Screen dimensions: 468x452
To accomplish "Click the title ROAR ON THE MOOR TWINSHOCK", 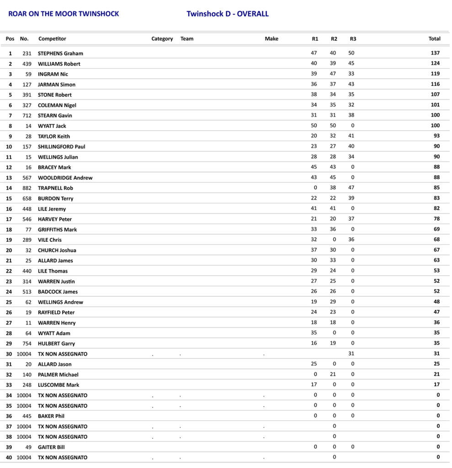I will pyautogui.click(x=64, y=14).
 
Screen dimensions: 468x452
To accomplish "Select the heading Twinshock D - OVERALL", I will pyautogui.click(x=227, y=14).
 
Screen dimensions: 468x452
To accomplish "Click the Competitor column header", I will pyautogui.click(x=52, y=39).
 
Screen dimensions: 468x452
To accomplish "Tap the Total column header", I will pyautogui.click(x=434, y=39).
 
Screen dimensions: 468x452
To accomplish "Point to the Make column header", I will pyautogui.click(x=271, y=39).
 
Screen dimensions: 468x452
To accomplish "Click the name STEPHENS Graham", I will pyautogui.click(x=60, y=53).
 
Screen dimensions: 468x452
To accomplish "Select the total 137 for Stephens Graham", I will pyautogui.click(x=435, y=53).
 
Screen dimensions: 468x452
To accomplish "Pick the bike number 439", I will pyautogui.click(x=27, y=64).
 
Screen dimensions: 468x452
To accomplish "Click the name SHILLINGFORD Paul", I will pyautogui.click(x=61, y=147).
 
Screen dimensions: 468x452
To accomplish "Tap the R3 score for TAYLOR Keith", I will pyautogui.click(x=351, y=136).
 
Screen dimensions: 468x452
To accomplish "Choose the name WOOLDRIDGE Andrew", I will pyautogui.click(x=65, y=178).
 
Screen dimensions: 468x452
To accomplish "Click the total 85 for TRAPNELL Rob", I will pyautogui.click(x=437, y=188).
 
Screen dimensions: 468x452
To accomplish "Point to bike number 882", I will pyautogui.click(x=27, y=188).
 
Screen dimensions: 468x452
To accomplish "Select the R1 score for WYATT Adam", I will pyautogui.click(x=314, y=333).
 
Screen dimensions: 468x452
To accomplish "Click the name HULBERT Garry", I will pyautogui.click(x=56, y=344).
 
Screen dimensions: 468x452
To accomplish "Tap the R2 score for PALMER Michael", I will pyautogui.click(x=334, y=374).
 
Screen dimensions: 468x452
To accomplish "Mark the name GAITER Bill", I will pyautogui.click(x=51, y=447).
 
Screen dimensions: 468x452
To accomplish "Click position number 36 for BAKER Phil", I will pyautogui.click(x=9, y=416).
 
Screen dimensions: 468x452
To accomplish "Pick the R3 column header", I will pyautogui.click(x=353, y=39).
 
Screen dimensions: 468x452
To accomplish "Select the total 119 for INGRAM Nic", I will pyautogui.click(x=435, y=74).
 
